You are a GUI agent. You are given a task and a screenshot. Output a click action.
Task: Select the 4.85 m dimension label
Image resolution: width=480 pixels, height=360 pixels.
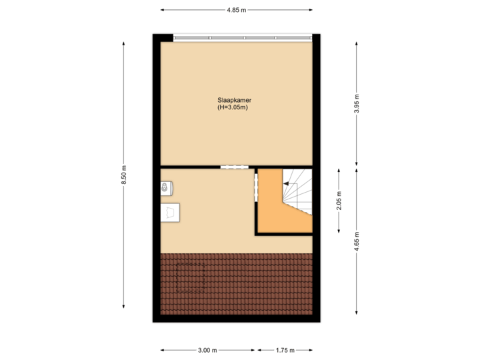[x=237, y=10]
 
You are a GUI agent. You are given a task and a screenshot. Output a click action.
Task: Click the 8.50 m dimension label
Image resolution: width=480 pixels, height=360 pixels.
[x=124, y=175]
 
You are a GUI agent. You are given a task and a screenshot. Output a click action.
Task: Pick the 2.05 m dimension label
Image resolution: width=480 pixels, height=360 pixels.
[x=339, y=199]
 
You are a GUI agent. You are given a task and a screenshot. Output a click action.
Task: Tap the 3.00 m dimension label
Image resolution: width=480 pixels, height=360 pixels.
[x=208, y=350]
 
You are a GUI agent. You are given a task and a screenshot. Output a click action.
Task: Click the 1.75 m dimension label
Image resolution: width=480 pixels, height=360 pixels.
[x=285, y=350]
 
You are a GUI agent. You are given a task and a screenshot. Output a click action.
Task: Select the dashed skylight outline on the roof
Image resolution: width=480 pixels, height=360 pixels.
[x=189, y=277]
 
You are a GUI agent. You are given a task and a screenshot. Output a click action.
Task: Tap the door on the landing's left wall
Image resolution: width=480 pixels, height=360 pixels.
[x=255, y=187]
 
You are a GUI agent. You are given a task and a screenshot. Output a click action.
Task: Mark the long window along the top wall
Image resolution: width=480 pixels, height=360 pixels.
[x=243, y=37]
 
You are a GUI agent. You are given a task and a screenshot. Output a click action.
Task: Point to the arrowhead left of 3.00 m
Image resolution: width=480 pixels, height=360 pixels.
[x=163, y=350]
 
